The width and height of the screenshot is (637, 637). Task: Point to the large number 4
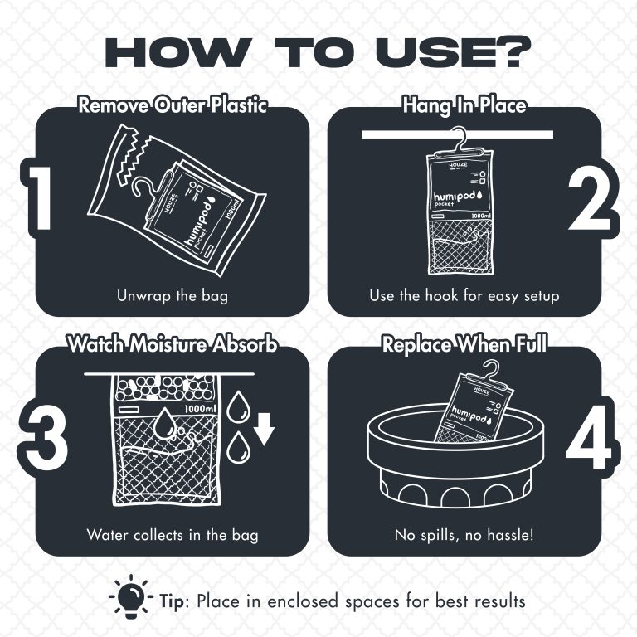589,437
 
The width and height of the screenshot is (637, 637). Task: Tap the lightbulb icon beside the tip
131,596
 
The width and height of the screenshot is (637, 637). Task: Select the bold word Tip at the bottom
172,601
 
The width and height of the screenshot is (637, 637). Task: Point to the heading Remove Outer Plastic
173,105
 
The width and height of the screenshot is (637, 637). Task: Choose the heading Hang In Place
464,105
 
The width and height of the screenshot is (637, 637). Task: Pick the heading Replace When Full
464,344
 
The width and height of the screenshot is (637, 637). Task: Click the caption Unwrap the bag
173,296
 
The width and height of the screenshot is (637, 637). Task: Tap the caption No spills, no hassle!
464,535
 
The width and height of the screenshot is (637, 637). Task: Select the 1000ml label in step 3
200,409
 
